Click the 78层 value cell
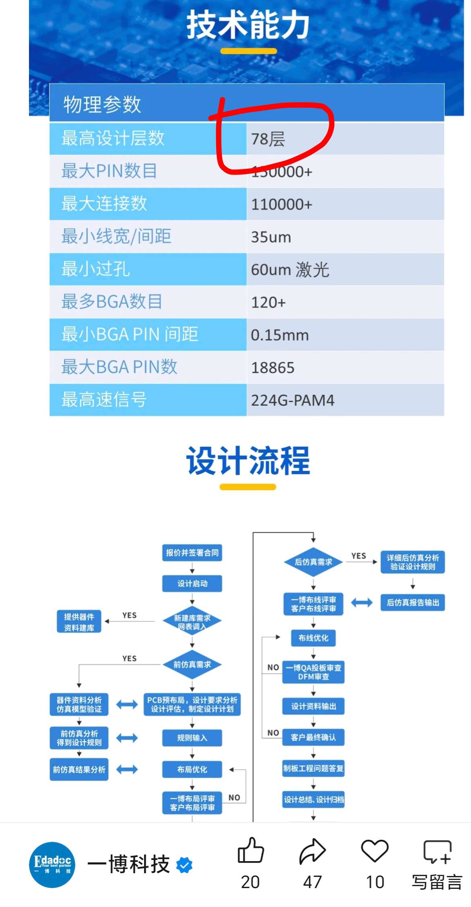[269, 139]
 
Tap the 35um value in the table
[271, 237]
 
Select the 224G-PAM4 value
[293, 400]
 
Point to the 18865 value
[273, 367]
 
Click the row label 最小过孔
[96, 269]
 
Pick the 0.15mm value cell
[280, 335]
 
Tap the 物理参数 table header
[102, 104]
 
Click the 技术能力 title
[248, 25]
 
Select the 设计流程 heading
[248, 461]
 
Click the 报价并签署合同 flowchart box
[192, 553]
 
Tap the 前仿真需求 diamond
[192, 664]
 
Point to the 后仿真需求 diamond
[313, 562]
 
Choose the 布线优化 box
[313, 638]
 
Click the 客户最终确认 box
[313, 737]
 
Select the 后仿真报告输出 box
[413, 602]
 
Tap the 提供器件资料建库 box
[79, 622]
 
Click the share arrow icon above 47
[312, 851]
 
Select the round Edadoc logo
[52, 865]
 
